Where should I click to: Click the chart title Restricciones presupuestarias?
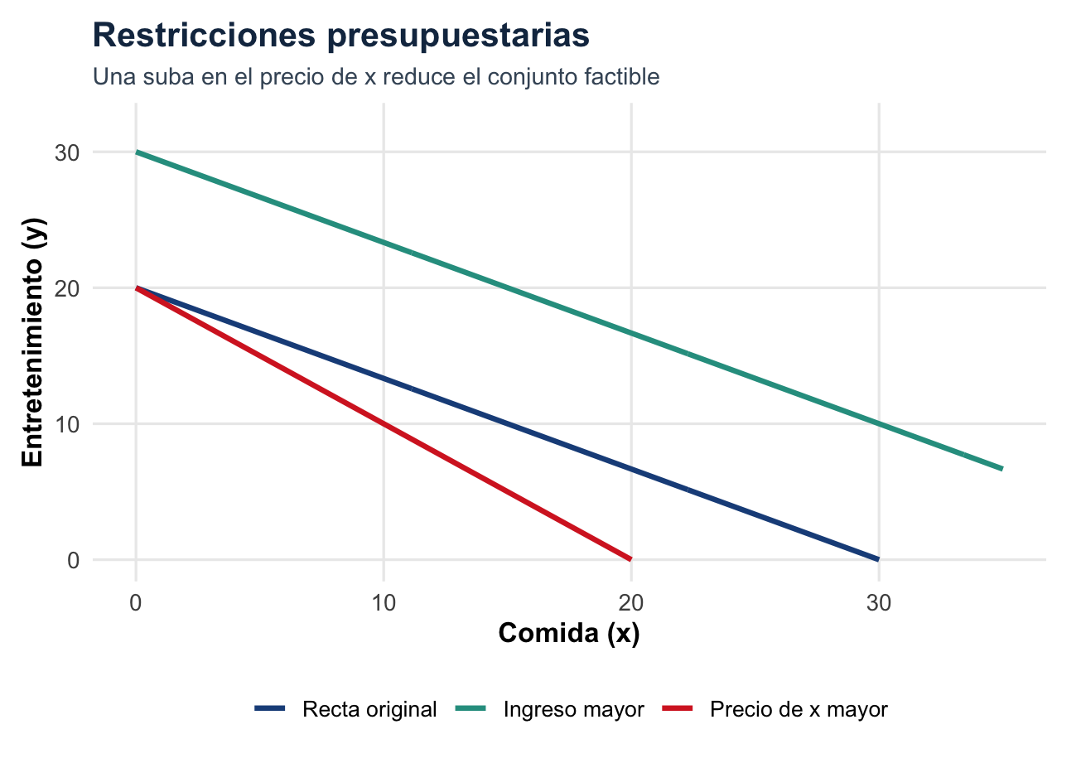point(341,36)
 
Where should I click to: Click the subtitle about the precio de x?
point(376,78)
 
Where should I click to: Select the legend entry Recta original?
point(369,710)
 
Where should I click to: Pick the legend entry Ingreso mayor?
point(574,710)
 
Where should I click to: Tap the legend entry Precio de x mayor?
point(799,710)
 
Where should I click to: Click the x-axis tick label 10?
point(384,604)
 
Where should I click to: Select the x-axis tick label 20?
point(631,604)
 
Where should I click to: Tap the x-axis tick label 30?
point(879,604)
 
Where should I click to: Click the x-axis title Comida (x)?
point(568,634)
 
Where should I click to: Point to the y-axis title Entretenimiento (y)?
point(32,342)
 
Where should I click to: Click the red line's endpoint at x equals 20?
point(631,559)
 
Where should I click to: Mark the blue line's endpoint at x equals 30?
point(878,559)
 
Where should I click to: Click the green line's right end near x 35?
point(1001,469)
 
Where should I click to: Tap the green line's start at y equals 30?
point(137,152)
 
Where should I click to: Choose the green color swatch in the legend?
point(475,710)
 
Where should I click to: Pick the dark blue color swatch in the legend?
point(270,710)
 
